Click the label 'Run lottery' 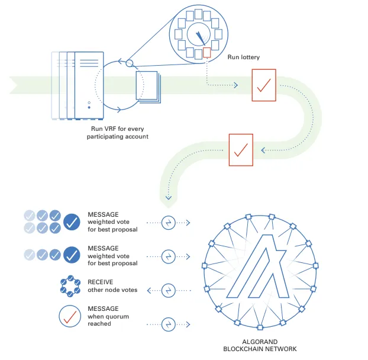click(x=244, y=57)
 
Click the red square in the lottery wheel click(x=206, y=53)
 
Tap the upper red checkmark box click(x=263, y=85)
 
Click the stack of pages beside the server click(x=147, y=86)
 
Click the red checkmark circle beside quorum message click(x=70, y=316)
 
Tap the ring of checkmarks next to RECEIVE click(x=70, y=285)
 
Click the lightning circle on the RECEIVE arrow click(x=169, y=290)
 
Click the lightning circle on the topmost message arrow click(x=169, y=223)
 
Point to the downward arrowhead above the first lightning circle click(x=169, y=197)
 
